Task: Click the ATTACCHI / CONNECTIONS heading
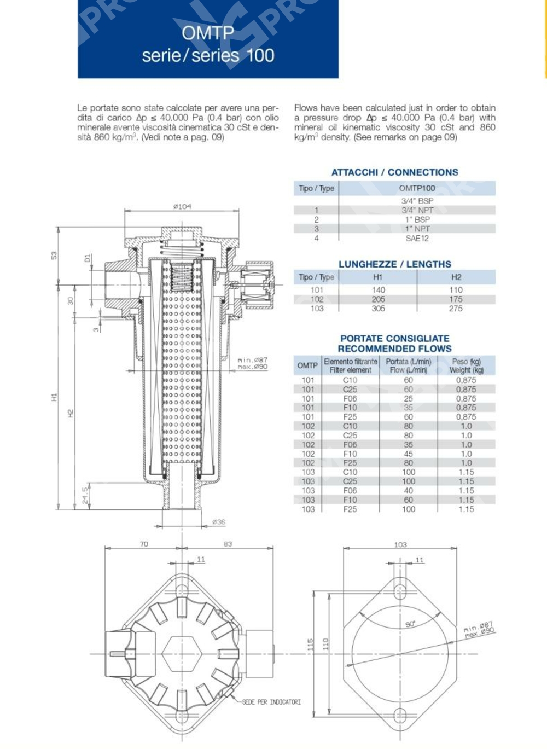(394, 172)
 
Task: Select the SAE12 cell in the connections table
(417, 239)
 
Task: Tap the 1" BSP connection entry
(417, 219)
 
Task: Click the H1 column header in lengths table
(377, 277)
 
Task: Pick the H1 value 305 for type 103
(378, 309)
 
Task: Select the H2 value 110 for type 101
(456, 290)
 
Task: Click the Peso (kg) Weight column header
(466, 365)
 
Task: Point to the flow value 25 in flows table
(408, 398)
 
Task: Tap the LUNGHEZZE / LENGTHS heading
(394, 264)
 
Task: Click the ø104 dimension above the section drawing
(182, 206)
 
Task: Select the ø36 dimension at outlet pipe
(218, 522)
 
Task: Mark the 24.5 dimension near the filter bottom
(85, 495)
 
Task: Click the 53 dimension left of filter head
(54, 256)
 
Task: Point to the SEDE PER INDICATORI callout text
(271, 702)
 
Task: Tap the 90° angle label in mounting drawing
(410, 624)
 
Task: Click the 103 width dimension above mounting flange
(400, 544)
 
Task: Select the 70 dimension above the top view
(143, 544)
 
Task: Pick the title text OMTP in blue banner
(208, 33)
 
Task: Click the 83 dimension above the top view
(228, 544)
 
